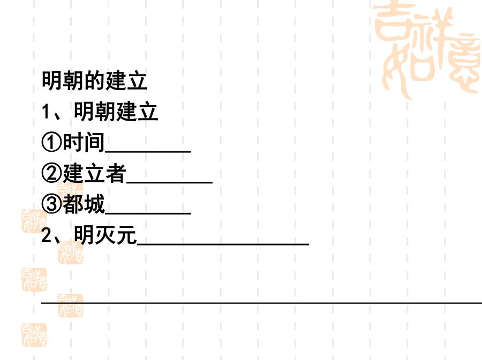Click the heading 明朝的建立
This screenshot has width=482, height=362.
coord(94,80)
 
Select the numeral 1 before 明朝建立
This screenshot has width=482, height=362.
coord(46,111)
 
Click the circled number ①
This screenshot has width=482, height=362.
coord(51,142)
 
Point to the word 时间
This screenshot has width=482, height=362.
coord(84,142)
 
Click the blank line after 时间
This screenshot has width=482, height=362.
coord(148,152)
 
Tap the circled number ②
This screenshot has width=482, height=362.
coord(51,173)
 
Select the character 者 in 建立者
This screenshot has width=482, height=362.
coord(116,173)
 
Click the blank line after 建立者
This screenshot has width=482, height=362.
coord(170,182)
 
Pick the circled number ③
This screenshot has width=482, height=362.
coord(51,203)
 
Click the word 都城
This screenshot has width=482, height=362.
coord(84,204)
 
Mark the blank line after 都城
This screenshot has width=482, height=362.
coord(148,213)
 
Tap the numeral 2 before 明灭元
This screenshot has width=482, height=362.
coord(47,235)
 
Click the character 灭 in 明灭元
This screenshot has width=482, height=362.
coord(105,234)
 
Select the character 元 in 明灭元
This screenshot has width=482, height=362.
coord(126,234)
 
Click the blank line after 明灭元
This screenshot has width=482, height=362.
coord(223,244)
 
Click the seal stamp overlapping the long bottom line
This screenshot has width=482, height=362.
coord(70,305)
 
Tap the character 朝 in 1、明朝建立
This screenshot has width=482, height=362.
coord(106,111)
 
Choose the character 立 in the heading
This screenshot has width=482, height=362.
coord(137,80)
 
